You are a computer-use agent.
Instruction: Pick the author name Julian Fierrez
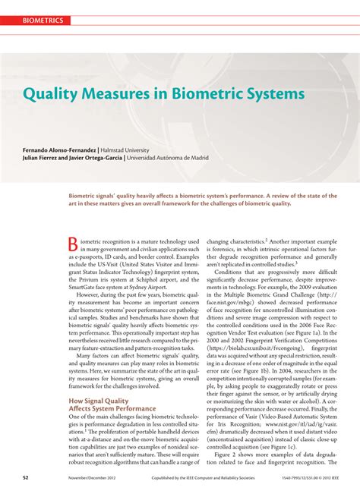coord(45,159)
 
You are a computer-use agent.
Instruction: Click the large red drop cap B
coord(74,244)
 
